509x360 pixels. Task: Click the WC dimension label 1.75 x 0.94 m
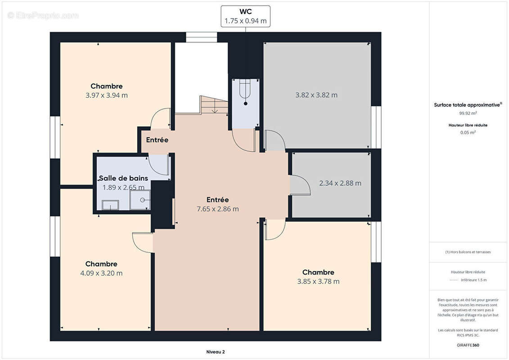click(245, 21)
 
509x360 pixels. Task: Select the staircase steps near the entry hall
click(214, 104)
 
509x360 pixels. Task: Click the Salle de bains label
click(123, 178)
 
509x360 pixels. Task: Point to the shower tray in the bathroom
click(140, 200)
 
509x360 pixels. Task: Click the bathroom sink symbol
click(110, 205)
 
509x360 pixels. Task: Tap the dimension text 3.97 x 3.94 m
click(107, 95)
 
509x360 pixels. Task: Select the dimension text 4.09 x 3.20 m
click(101, 273)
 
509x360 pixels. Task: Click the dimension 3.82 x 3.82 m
click(316, 95)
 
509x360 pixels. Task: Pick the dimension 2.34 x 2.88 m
click(340, 183)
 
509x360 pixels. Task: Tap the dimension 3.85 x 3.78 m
click(318, 281)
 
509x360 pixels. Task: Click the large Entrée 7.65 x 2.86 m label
click(218, 204)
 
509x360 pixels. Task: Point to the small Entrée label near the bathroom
click(157, 140)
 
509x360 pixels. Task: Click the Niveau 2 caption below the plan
click(216, 352)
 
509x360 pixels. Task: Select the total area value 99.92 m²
click(468, 113)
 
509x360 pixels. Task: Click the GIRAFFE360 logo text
click(468, 345)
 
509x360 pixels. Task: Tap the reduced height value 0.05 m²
click(468, 132)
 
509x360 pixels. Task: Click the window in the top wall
click(201, 37)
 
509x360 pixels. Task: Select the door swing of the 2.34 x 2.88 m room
click(300, 185)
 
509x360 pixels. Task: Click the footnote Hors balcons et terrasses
click(468, 252)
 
